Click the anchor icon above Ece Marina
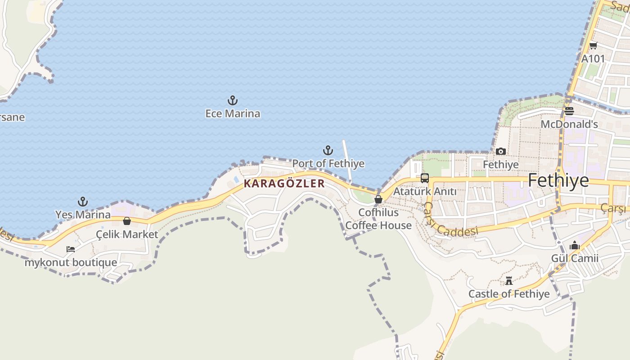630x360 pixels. (233, 100)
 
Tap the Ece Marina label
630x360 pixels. (233, 113)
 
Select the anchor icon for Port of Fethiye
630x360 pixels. (328, 150)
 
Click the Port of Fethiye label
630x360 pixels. (328, 163)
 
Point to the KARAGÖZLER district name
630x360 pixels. (284, 184)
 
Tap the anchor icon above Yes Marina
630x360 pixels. (83, 201)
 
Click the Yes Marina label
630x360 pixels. (83, 215)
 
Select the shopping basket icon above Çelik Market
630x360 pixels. (127, 221)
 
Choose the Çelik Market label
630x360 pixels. (127, 234)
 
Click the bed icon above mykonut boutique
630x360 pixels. (71, 249)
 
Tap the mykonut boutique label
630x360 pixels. (71, 262)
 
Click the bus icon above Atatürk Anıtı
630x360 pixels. (425, 178)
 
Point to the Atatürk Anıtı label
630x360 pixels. (425, 192)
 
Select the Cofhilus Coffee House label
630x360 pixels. (378, 219)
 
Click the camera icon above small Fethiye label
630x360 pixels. (501, 151)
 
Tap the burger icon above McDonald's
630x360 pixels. (569, 111)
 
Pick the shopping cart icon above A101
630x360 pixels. (593, 45)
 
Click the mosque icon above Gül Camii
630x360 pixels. (575, 245)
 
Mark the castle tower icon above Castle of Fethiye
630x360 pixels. (509, 281)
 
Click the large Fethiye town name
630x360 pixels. (558, 180)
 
